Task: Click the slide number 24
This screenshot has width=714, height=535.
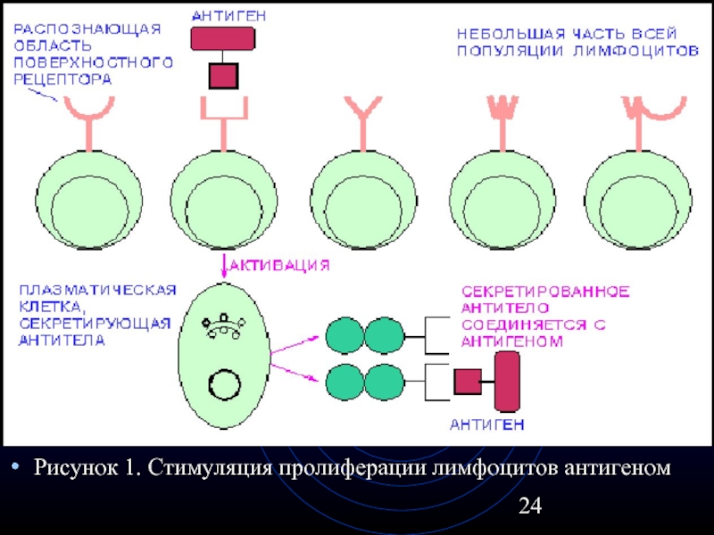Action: pos(530,506)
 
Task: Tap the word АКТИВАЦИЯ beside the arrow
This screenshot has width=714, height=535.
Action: pos(282,265)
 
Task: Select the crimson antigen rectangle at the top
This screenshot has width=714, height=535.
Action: pos(223,37)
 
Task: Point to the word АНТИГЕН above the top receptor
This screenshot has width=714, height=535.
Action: pos(223,15)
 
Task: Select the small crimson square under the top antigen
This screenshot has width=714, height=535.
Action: pos(223,75)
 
